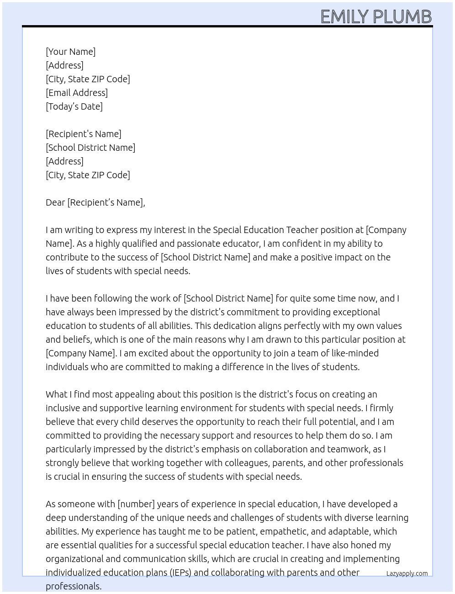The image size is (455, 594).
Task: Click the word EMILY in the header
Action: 344,17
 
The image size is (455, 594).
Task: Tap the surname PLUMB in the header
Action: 402,17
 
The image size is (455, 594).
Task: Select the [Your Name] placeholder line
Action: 70,52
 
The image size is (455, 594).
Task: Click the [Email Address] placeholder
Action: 77,93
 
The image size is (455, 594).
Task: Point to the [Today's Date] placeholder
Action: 74,106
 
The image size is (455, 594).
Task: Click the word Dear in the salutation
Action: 55,202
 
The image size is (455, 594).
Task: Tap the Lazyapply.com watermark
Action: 407,573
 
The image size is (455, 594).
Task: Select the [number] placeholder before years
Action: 136,504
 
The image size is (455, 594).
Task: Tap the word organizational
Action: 75,559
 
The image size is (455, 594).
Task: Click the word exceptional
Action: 356,312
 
